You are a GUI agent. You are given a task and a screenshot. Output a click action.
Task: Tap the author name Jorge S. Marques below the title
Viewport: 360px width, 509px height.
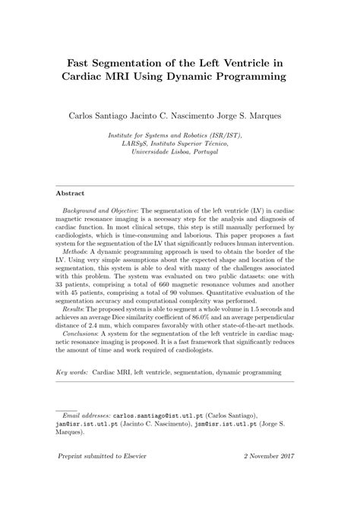pos(262,118)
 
